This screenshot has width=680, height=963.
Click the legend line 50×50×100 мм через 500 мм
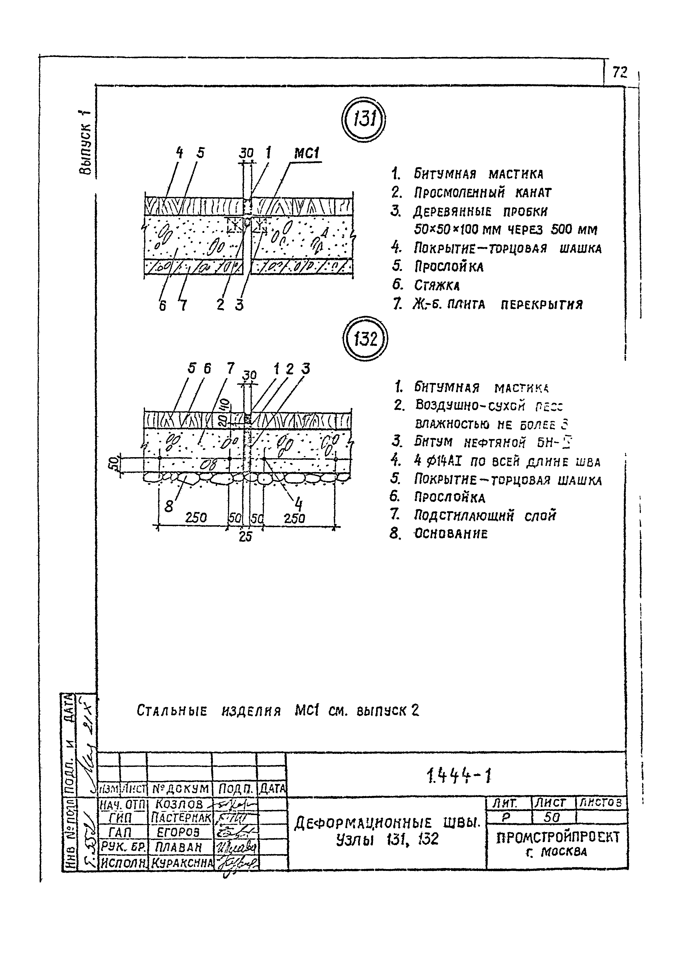click(505, 230)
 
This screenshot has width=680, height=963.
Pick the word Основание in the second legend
click(451, 534)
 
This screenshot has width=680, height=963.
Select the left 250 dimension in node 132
click(196, 518)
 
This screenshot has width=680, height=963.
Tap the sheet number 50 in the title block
click(551, 817)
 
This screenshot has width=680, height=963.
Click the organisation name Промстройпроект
click(558, 838)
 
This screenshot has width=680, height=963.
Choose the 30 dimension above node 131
click(247, 154)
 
